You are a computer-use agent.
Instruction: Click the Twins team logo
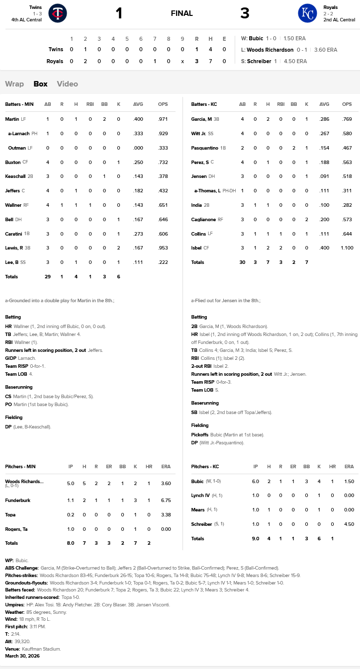pyautogui.click(x=57, y=13)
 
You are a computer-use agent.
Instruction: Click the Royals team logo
pyautogui.click(x=307, y=13)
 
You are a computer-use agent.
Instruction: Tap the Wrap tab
pyautogui.click(x=14, y=84)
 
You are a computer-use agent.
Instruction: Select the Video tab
pyautogui.click(x=67, y=84)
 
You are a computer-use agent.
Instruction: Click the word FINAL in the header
pyautogui.click(x=181, y=13)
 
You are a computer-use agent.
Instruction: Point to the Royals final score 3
pyautogui.click(x=245, y=13)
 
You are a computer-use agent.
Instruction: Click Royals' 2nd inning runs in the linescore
pyautogui.click(x=85, y=61)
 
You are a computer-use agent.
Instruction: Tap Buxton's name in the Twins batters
pyautogui.click(x=13, y=162)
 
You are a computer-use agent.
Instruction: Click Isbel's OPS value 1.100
pyautogui.click(x=347, y=248)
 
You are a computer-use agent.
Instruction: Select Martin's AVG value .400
pyautogui.click(x=138, y=119)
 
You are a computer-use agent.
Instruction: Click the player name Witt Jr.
pyautogui.click(x=199, y=134)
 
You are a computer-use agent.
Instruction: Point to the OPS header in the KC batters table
pyautogui.click(x=347, y=104)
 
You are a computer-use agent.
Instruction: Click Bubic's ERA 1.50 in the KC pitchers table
pyautogui.click(x=349, y=481)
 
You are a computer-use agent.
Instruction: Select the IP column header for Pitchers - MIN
pyautogui.click(x=71, y=467)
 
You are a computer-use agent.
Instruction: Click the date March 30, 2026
pyautogui.click(x=22, y=656)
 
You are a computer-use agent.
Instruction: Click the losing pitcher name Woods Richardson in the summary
pyautogui.click(x=270, y=50)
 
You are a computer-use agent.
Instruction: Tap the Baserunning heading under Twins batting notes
pyautogui.click(x=19, y=387)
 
